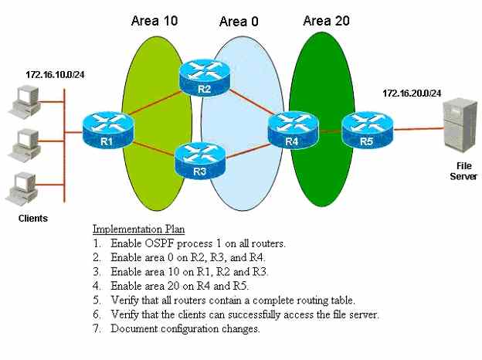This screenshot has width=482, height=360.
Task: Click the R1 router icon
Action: [x=108, y=131]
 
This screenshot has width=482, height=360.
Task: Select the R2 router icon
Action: [x=205, y=77]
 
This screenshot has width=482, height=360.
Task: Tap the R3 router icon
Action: [x=200, y=160]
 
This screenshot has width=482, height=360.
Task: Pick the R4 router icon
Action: [x=293, y=130]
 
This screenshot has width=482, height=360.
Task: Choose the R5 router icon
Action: [x=368, y=130]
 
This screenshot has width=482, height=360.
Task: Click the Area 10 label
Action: [x=154, y=21]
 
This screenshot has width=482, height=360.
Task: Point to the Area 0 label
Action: [x=239, y=22]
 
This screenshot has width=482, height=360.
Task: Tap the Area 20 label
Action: [x=326, y=21]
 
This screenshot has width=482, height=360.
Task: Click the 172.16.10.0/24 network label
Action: [x=55, y=75]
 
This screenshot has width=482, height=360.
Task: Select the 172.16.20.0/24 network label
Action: [x=412, y=93]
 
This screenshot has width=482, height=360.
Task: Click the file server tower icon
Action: [x=460, y=125]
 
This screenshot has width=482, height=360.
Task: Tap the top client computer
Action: [x=25, y=102]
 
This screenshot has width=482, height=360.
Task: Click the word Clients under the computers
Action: [x=33, y=219]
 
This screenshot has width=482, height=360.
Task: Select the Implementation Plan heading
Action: [x=138, y=229]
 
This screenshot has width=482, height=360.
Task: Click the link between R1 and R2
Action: [x=155, y=104]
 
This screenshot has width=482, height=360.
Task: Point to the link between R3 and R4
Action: [x=248, y=151]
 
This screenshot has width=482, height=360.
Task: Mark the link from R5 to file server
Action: [x=419, y=129]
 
